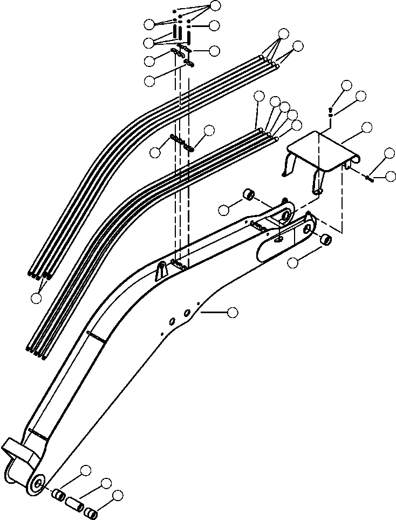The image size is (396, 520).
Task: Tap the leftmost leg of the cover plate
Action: [x=288, y=165]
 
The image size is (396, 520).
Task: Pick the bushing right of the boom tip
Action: [x=325, y=239]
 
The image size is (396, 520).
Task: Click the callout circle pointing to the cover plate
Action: [x=366, y=128]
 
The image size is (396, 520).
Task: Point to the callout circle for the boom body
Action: [x=233, y=312]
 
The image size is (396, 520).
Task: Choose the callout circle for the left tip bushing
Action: [x=225, y=208]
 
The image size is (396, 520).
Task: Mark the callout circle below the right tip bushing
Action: [x=293, y=263]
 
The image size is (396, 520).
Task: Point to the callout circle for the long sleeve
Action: [x=106, y=483]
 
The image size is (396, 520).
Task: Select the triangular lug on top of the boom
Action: [x=160, y=269]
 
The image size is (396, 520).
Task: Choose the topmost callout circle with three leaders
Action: [x=215, y=5]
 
